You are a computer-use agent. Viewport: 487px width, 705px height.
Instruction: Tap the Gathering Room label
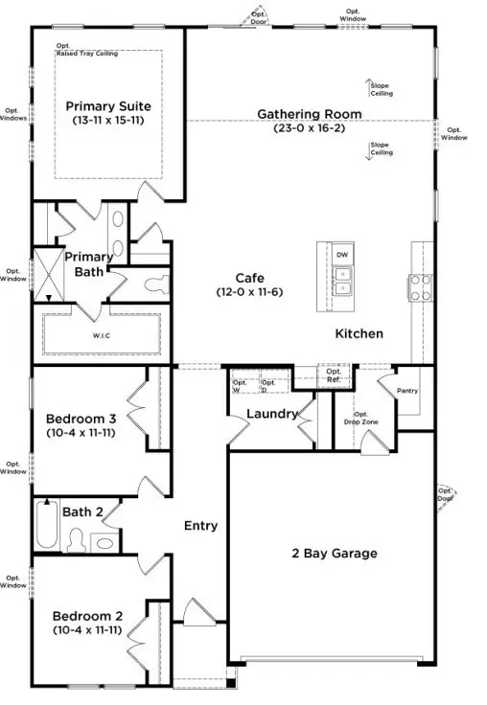tap(309, 114)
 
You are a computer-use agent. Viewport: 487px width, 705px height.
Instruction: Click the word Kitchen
tap(359, 333)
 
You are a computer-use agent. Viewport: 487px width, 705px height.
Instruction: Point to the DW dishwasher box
tap(342, 255)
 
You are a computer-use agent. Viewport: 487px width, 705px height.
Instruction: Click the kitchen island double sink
tap(342, 282)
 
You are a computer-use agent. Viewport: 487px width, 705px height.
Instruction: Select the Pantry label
tap(406, 390)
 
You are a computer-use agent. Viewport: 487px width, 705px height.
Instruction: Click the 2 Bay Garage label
tap(334, 553)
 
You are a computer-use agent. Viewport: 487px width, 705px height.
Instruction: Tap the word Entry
tap(200, 525)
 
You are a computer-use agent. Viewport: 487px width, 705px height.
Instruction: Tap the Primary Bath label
tap(88, 263)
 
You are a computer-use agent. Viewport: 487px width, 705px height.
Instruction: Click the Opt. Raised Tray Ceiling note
tap(87, 50)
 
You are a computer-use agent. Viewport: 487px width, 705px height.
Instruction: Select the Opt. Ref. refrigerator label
tap(334, 375)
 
